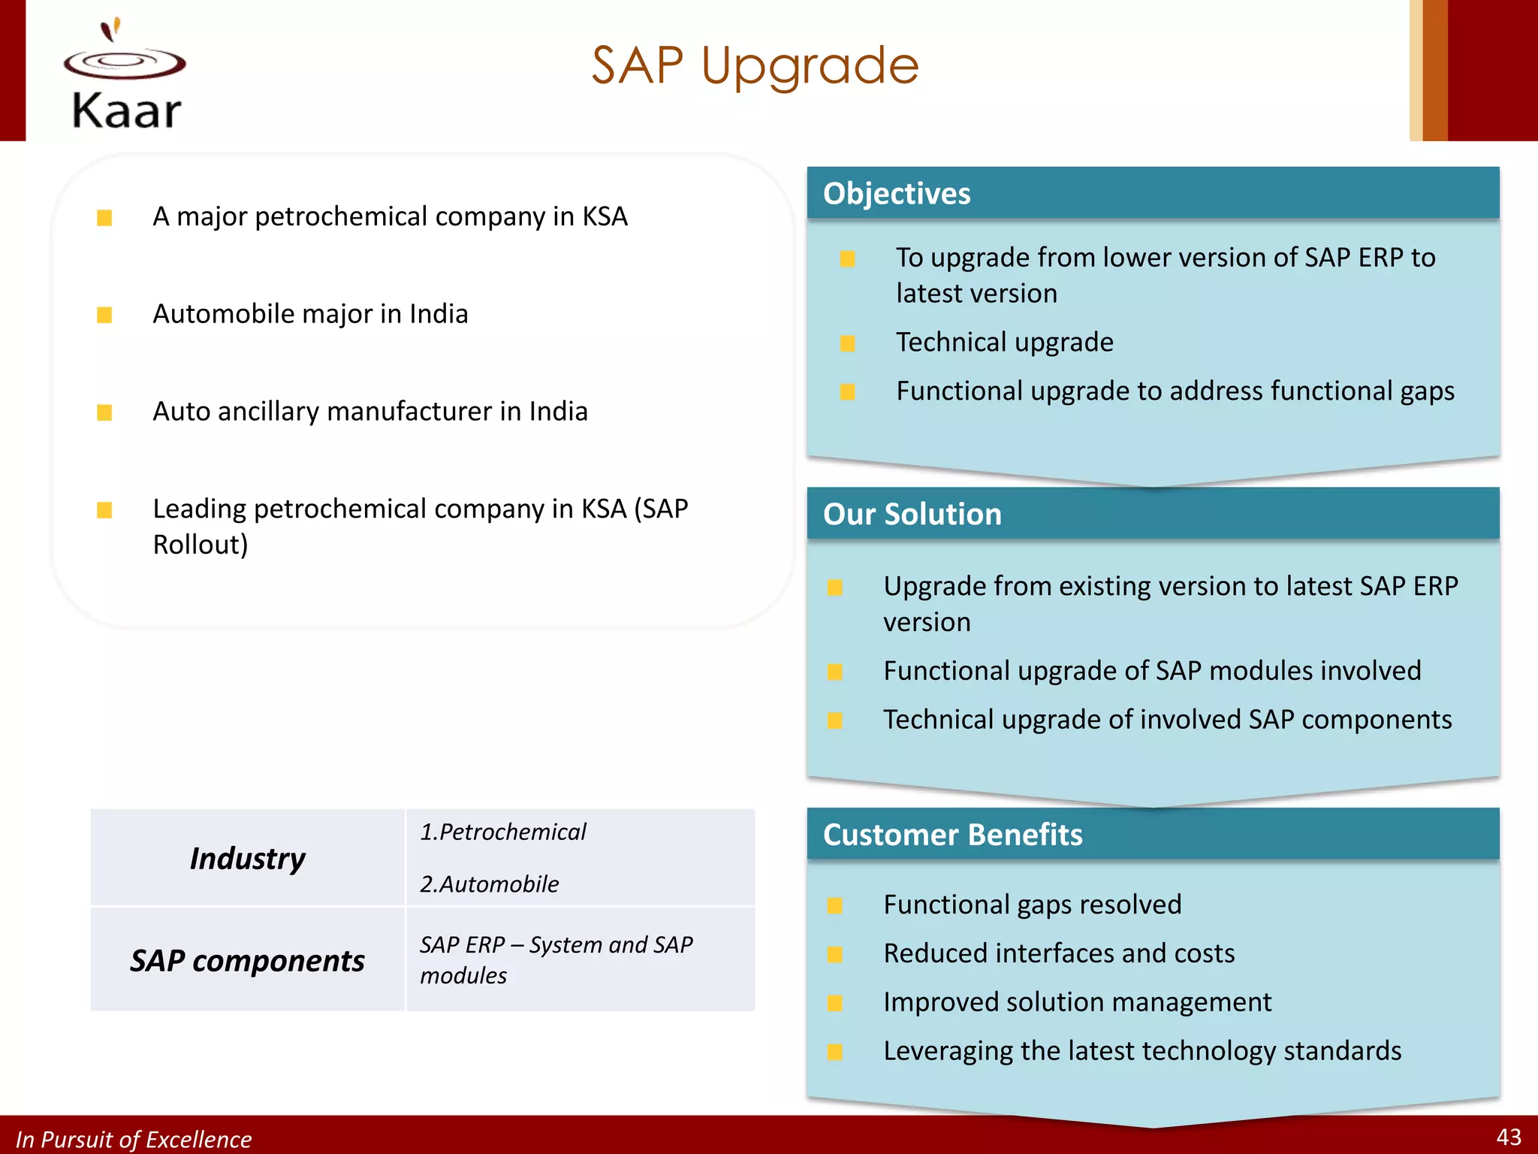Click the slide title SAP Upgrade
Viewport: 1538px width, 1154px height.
755,66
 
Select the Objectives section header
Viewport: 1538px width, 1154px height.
897,194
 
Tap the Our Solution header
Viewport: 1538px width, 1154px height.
912,515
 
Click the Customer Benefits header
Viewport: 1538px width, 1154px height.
952,835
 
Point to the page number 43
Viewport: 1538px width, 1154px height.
1508,1137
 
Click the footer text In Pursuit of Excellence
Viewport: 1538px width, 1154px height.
134,1139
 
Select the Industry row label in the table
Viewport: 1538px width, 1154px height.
247,858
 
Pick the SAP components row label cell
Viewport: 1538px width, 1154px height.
247,960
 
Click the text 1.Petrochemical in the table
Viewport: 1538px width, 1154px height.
502,832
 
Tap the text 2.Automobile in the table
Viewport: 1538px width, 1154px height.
489,884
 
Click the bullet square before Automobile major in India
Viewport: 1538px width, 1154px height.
104,315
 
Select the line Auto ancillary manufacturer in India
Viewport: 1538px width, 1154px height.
369,412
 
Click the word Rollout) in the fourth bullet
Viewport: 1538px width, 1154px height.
201,545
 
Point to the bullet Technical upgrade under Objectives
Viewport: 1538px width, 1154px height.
1004,343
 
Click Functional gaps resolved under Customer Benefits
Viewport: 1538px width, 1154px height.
1032,905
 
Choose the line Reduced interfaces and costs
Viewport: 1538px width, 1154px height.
1058,953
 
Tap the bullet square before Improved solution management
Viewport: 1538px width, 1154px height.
834,1003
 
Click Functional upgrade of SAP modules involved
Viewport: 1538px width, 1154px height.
1151,671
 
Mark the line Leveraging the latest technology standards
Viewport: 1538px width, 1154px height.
1141,1051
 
